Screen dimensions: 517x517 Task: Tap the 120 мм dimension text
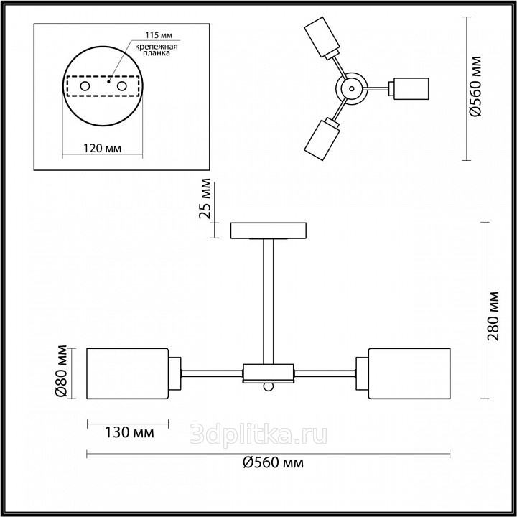102,149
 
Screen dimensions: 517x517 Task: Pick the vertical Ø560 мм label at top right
475,86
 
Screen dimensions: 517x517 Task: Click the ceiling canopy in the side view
268,231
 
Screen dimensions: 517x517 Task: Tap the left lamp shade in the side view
127,373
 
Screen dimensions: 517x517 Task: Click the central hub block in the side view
269,373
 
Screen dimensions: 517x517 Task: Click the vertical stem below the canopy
269,302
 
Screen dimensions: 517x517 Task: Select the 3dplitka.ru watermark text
258,433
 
